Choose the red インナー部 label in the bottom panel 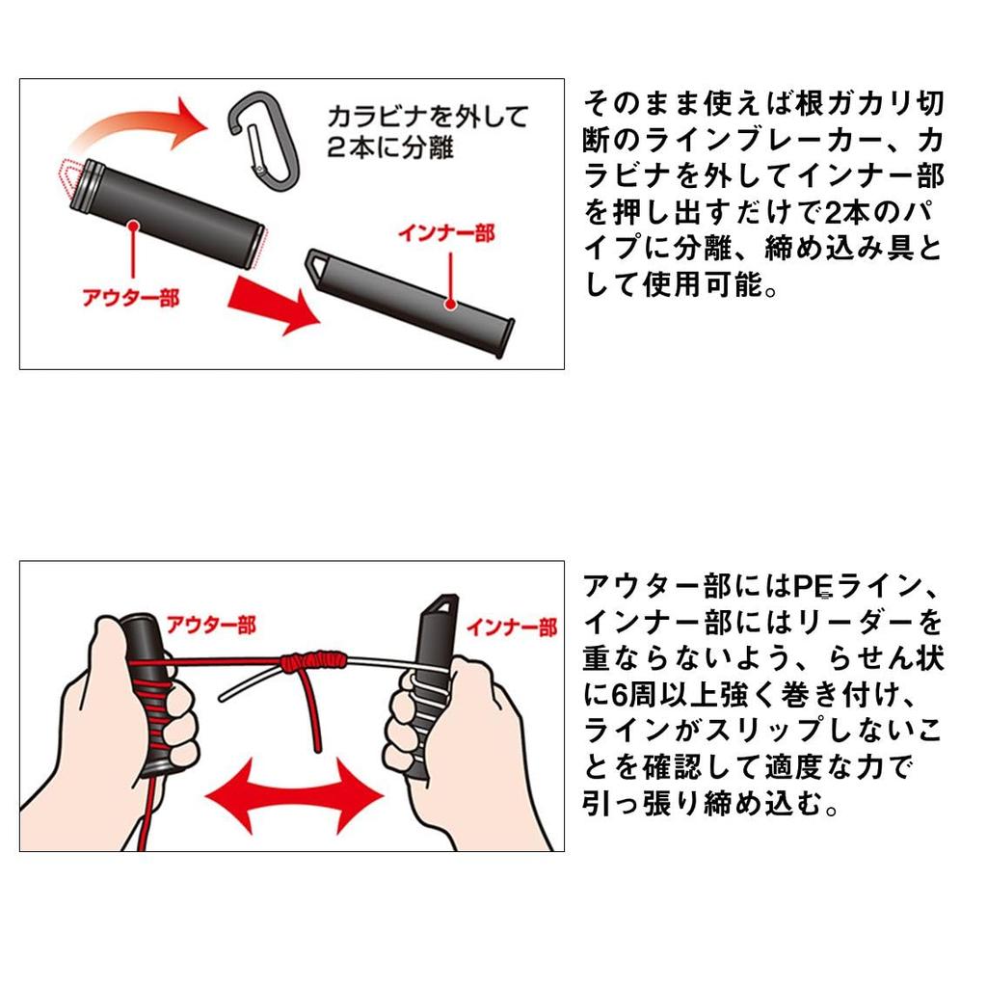point(512,628)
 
